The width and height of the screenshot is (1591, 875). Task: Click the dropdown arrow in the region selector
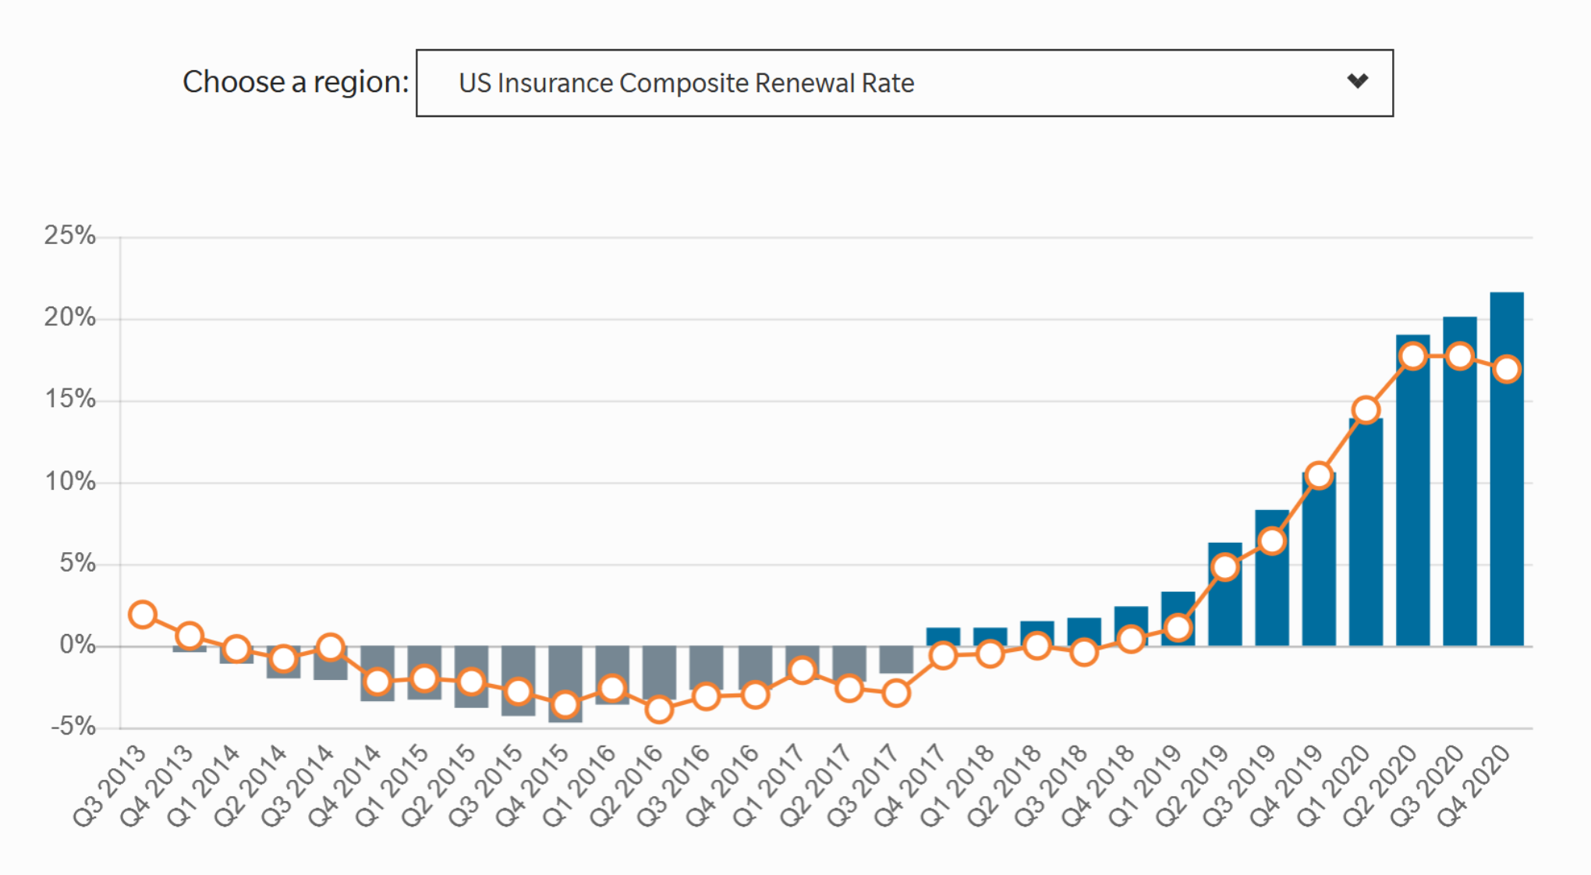tap(1357, 81)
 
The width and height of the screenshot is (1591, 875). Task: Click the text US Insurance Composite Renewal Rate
tap(686, 83)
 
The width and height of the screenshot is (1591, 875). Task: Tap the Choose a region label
tap(295, 81)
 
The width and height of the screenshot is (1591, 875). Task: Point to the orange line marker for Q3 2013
tap(142, 615)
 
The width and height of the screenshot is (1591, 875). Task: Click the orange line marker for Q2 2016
tap(659, 710)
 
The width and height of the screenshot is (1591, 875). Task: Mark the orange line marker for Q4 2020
tap(1507, 369)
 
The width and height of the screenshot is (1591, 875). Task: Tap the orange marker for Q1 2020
tap(1366, 409)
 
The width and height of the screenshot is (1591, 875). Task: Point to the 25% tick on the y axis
tap(69, 236)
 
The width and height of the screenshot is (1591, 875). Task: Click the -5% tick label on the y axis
tap(73, 727)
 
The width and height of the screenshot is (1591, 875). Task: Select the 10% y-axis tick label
tap(69, 481)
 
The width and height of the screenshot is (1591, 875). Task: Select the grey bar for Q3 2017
tap(896, 660)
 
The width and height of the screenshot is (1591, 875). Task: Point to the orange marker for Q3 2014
tap(331, 647)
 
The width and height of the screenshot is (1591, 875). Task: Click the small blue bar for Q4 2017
tap(943, 636)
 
